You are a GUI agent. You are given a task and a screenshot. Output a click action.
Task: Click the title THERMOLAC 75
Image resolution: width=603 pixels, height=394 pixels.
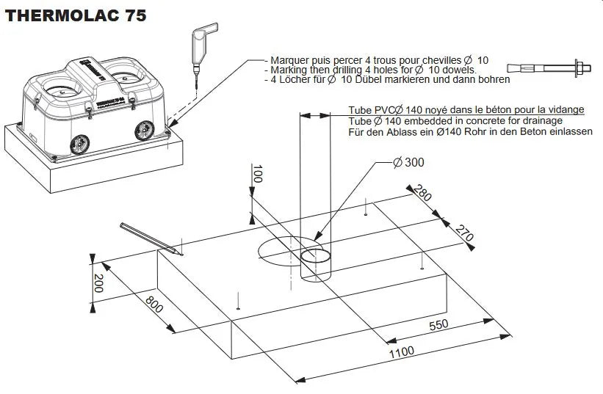tap(76, 15)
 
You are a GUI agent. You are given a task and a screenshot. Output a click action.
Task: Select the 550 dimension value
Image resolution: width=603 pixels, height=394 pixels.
tap(438, 324)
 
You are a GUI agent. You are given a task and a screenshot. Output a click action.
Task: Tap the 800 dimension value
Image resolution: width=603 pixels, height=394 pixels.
tap(154, 304)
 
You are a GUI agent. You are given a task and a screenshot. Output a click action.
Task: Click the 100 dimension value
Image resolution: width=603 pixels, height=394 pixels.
tap(257, 175)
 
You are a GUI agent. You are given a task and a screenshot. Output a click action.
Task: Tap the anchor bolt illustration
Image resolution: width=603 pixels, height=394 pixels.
tap(556, 69)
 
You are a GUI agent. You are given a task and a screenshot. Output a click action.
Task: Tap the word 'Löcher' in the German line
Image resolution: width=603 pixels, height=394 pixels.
tap(297, 79)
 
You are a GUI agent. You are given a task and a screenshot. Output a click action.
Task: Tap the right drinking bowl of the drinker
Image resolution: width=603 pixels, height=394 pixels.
tap(123, 72)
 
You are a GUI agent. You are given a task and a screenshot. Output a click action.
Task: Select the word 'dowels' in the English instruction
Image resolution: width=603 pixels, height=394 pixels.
tap(457, 70)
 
